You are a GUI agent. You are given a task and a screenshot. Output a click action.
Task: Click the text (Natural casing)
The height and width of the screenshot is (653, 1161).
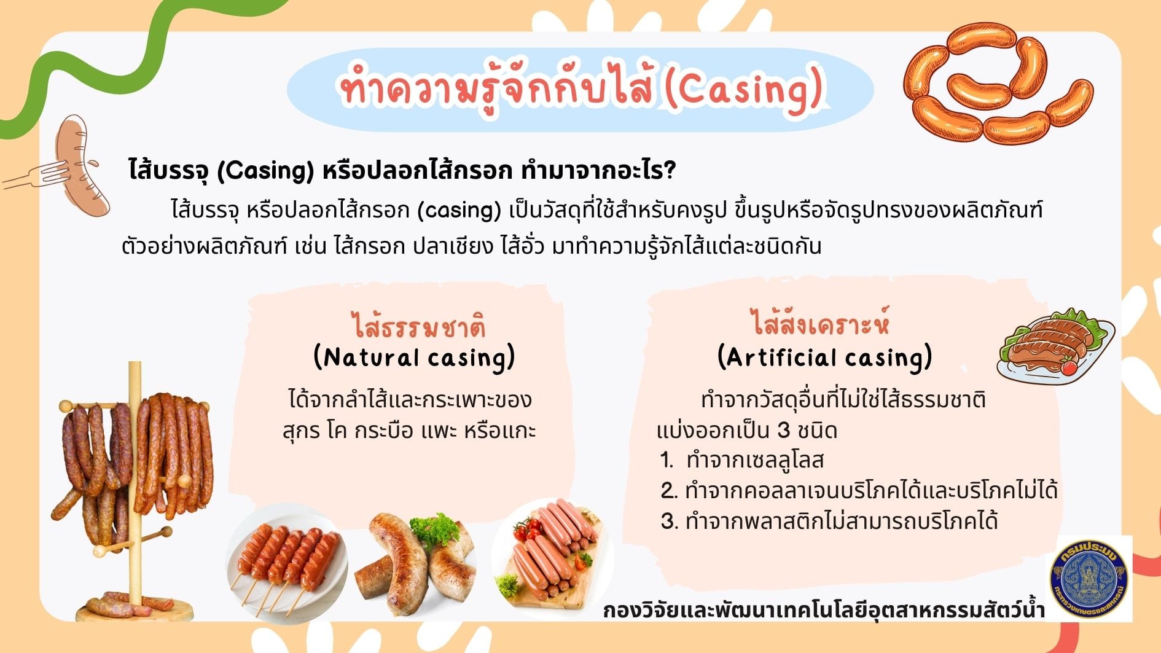414,358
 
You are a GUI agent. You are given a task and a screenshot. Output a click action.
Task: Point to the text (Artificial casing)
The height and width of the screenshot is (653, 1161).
824,357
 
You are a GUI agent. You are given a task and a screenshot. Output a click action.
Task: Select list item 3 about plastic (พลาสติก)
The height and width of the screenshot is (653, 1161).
829,521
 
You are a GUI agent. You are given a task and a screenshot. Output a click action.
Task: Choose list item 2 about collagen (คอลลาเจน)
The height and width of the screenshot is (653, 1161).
859,490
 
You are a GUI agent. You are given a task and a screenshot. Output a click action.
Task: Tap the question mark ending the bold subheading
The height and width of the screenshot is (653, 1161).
670,170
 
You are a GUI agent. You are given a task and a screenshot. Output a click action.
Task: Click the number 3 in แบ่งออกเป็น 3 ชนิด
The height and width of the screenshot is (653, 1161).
783,430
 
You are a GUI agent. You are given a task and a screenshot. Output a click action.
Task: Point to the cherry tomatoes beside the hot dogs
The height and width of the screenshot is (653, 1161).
522,530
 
